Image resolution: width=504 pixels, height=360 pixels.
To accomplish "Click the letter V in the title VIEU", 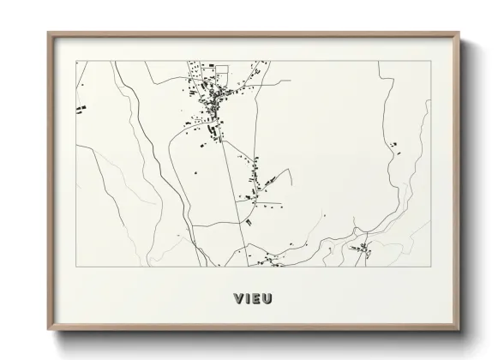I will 237,299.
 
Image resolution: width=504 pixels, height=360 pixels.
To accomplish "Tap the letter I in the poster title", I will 247,299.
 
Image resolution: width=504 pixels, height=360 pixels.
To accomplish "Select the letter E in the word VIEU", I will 256,299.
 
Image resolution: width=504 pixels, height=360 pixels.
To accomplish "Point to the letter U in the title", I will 268,299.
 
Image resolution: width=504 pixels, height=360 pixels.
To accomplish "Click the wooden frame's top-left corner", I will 49,33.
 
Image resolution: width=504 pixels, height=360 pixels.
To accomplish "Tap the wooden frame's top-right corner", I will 460,33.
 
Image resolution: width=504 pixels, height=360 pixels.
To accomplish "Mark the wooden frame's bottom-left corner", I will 49,330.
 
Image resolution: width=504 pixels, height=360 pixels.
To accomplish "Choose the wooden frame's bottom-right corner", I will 460,330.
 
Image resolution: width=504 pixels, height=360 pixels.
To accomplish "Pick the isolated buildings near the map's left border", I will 81,108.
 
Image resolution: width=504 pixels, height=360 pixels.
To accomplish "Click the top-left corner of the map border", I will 76,61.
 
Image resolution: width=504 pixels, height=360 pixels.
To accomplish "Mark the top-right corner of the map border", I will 431,61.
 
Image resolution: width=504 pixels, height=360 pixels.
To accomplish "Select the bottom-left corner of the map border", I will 76,266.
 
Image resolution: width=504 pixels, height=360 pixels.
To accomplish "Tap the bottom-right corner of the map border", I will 431,266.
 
